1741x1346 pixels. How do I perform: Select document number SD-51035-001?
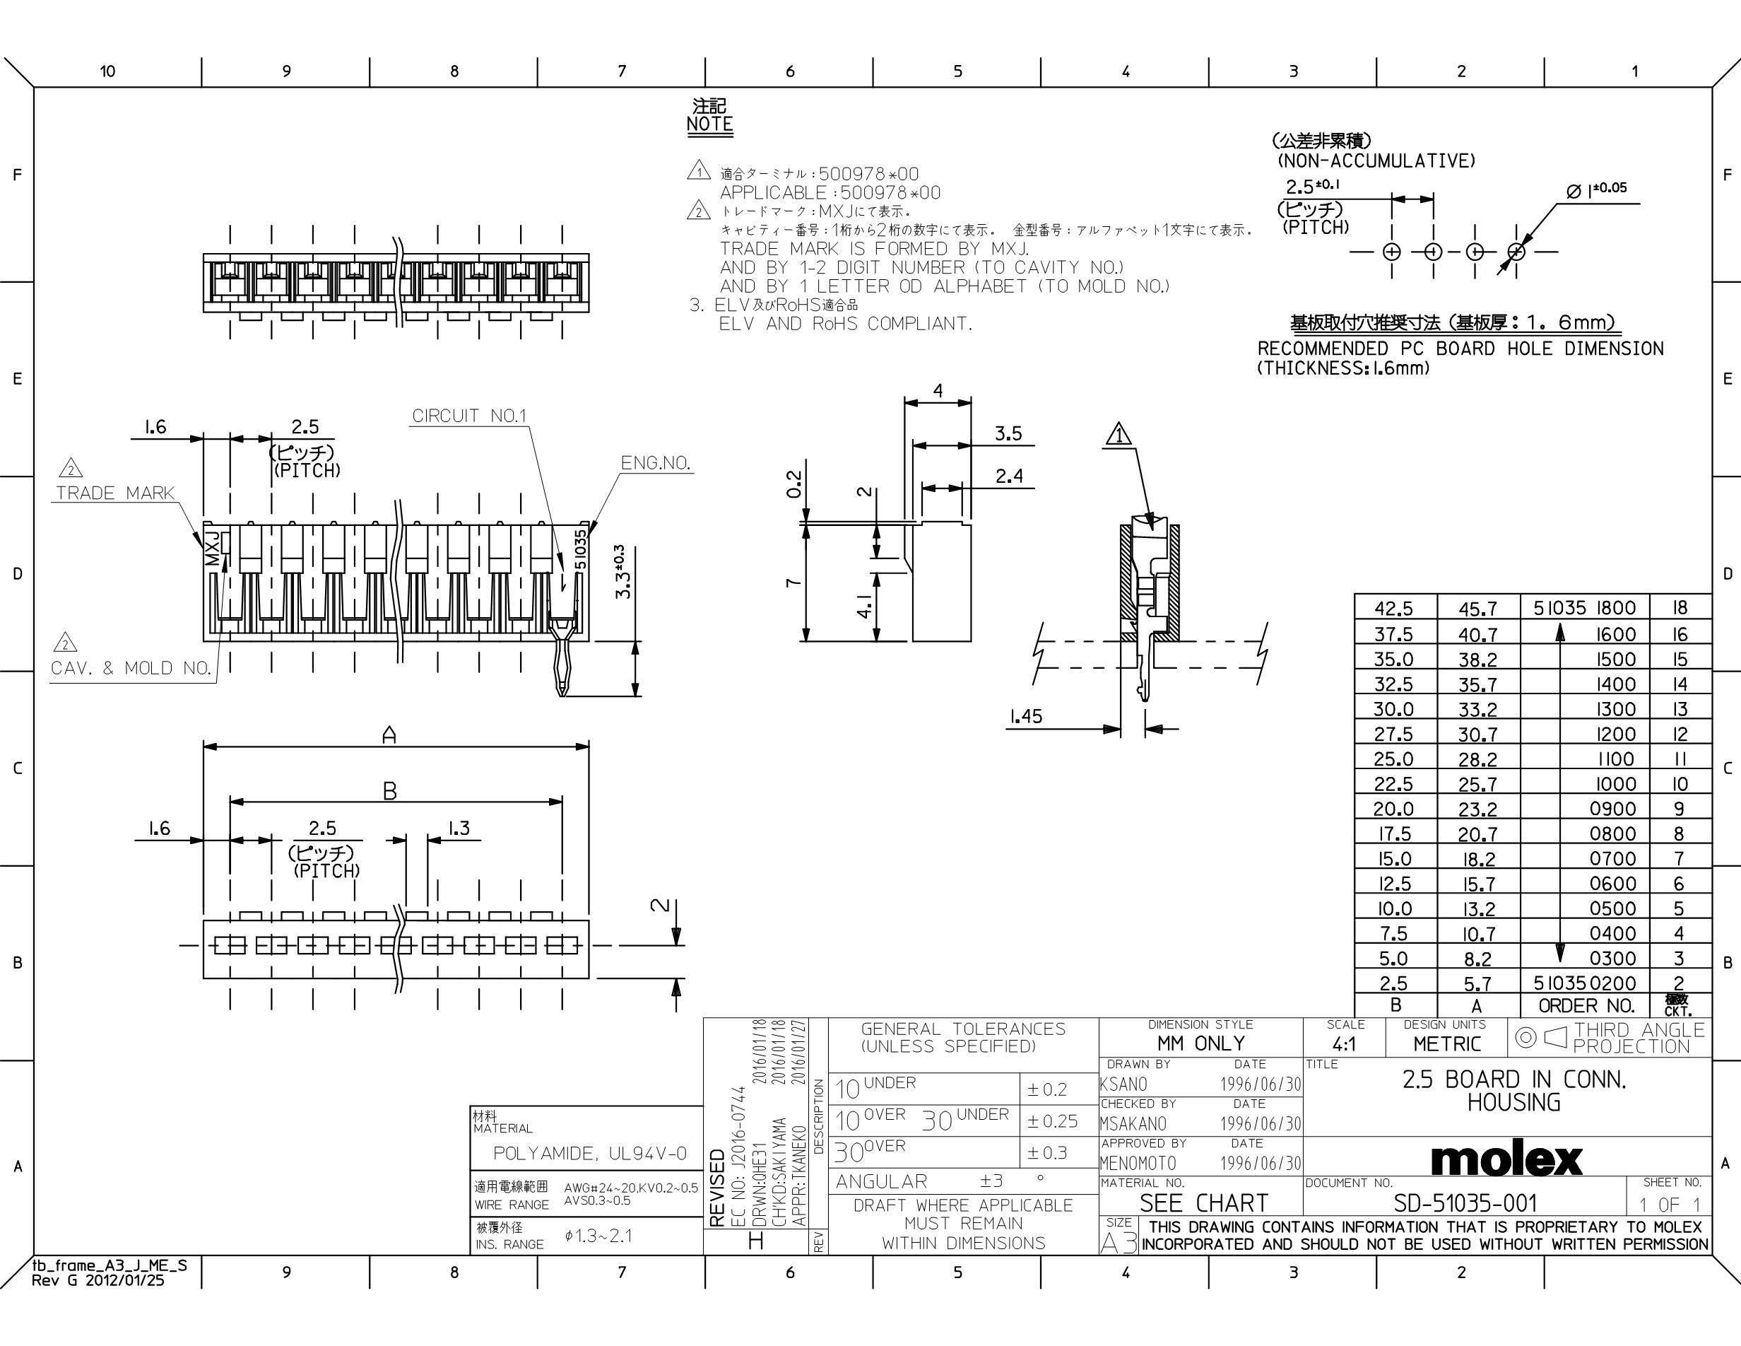click(1465, 1203)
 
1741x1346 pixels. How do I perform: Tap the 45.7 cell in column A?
click(1477, 609)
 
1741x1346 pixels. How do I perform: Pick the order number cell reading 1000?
click(1612, 784)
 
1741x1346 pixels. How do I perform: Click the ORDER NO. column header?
click(1586, 1005)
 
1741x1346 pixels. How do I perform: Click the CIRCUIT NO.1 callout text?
click(470, 416)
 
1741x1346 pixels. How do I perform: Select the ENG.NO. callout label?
click(655, 463)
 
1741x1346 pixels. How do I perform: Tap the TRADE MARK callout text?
click(114, 493)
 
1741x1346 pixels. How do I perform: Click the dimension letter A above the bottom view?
click(389, 735)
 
